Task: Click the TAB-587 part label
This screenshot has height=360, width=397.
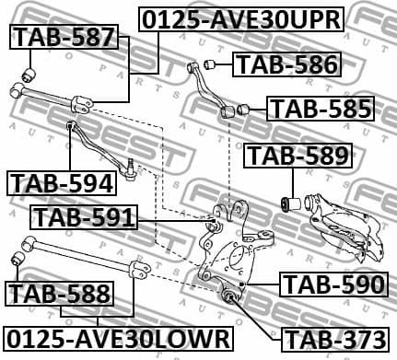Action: [63, 38]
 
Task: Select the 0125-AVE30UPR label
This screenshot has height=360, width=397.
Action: [242, 17]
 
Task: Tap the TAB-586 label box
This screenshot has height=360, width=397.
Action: [286, 64]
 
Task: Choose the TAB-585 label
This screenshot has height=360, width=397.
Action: [321, 109]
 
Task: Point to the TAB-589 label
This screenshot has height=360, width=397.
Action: [298, 157]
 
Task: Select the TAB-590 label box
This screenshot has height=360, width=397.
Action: [333, 285]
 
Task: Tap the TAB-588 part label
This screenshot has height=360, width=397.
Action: [60, 295]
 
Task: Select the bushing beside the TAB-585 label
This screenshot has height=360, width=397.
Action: [244, 110]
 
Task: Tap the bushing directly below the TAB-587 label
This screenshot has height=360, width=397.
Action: [28, 71]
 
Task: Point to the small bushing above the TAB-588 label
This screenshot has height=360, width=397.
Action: [16, 261]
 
